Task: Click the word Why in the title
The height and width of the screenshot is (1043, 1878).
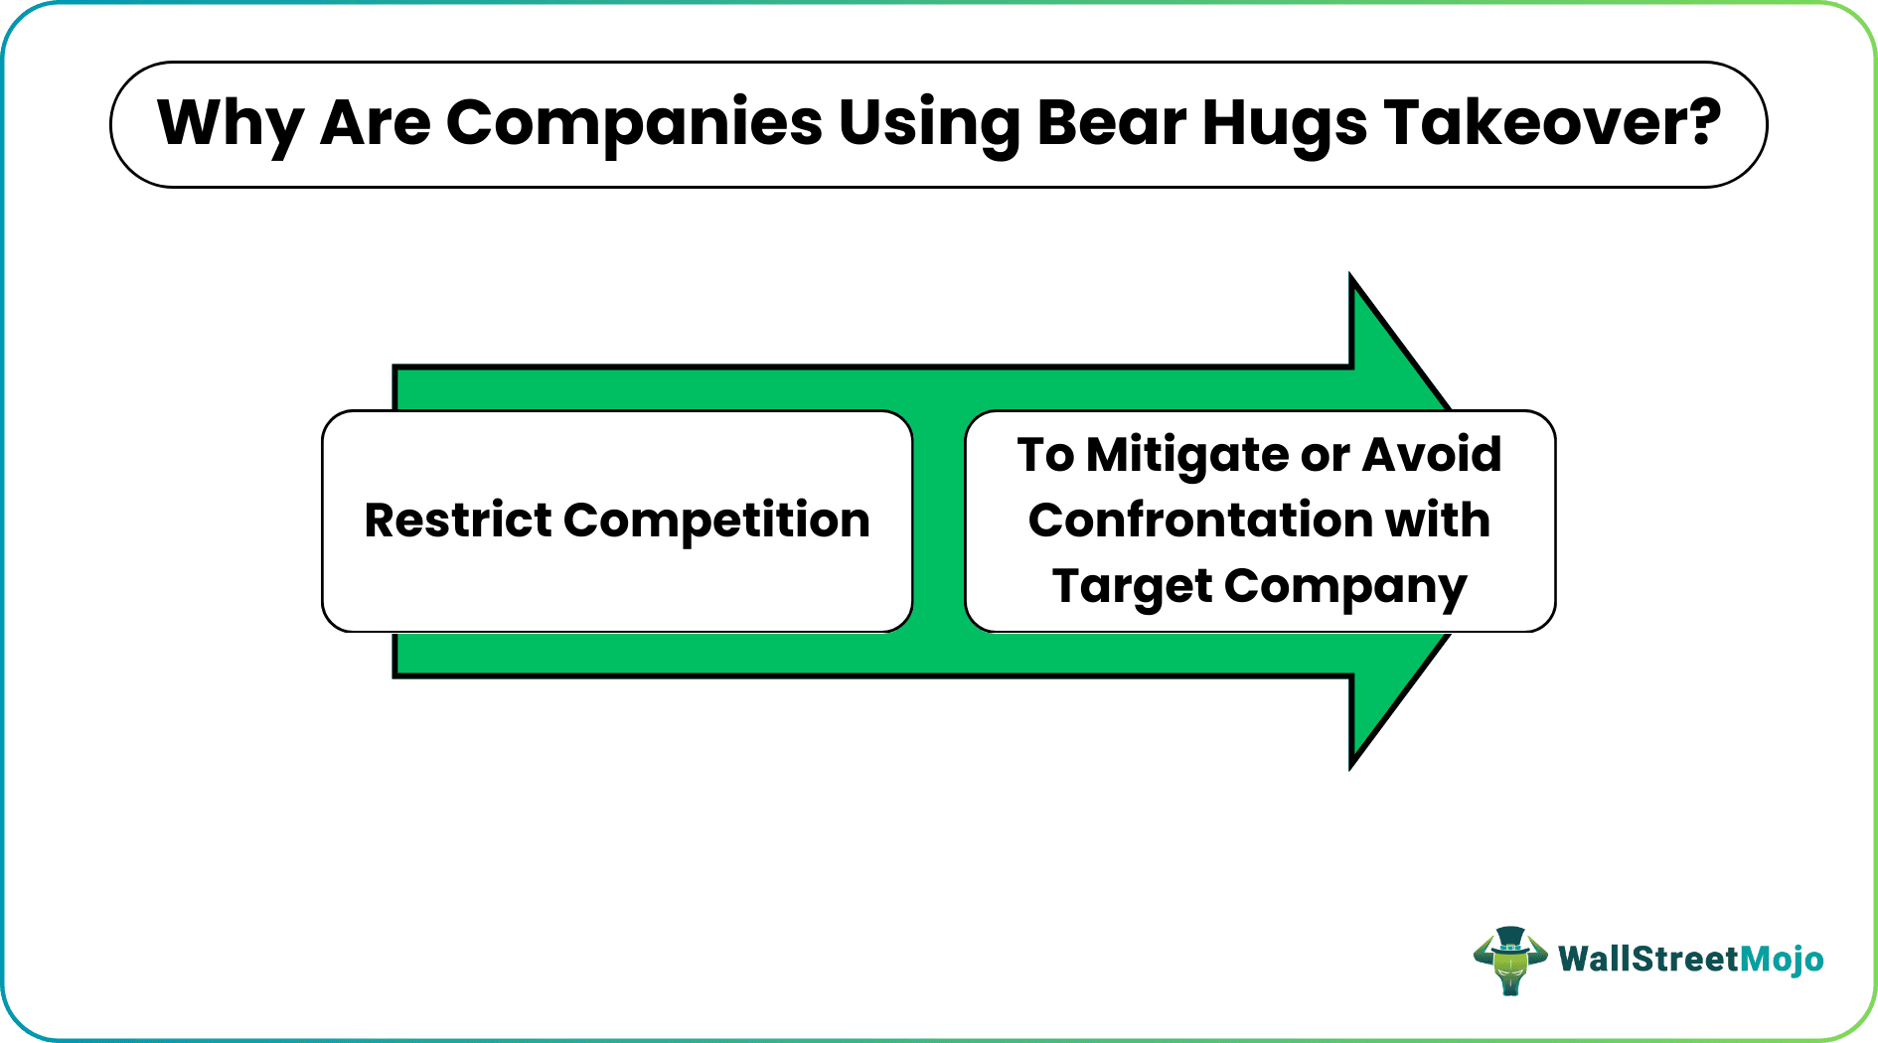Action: (230, 123)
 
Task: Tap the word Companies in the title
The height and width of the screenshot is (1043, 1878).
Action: (634, 123)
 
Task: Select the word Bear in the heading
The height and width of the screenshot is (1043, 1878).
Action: (1112, 123)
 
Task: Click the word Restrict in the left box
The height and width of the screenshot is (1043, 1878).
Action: (457, 521)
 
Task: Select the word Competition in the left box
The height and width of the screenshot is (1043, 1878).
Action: (716, 521)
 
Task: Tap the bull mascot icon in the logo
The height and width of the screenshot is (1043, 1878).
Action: (1509, 961)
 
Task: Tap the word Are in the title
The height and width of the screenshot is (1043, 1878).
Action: (375, 123)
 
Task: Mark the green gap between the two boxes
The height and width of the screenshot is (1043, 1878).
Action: (939, 521)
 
